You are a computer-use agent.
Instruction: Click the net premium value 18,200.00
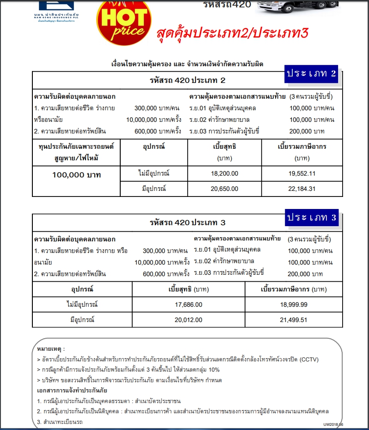pos(224,173)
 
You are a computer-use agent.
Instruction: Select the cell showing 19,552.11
pos(302,173)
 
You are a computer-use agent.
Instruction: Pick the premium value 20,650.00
pos(224,189)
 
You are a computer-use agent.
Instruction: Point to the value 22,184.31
pos(302,189)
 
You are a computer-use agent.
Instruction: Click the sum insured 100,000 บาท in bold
pos(76,175)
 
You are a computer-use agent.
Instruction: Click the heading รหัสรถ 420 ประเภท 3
pos(187,222)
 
